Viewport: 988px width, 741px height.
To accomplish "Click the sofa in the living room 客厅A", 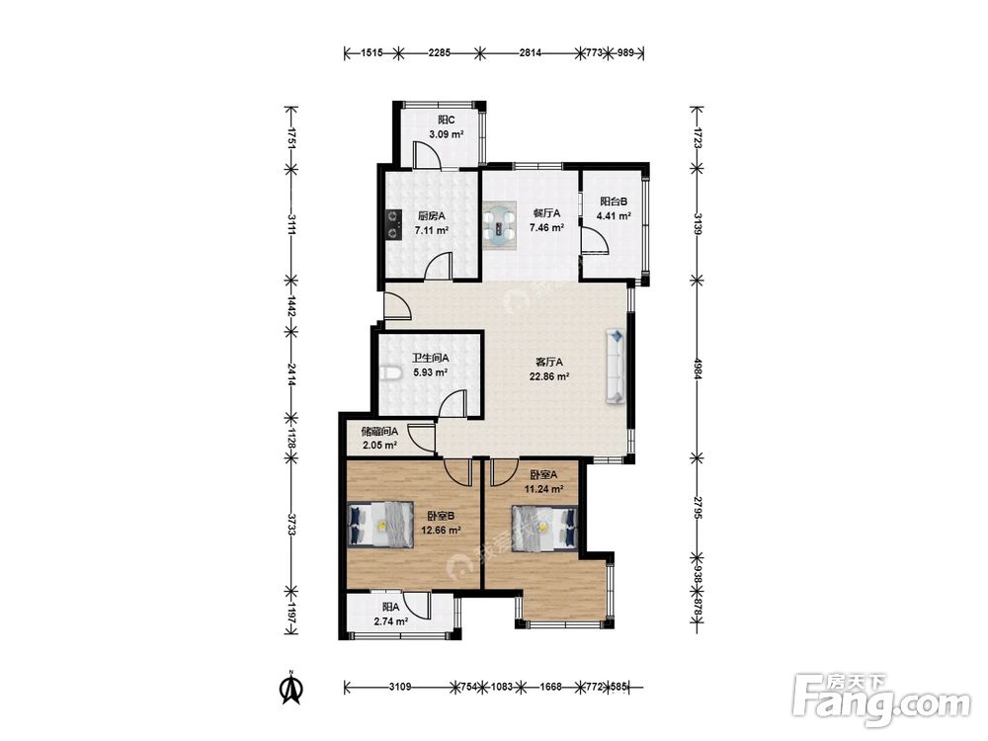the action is (615, 366).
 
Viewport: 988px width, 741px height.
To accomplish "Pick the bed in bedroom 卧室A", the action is (544, 528).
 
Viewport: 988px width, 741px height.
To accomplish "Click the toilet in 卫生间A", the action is (390, 373).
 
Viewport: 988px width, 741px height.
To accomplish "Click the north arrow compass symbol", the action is (290, 688).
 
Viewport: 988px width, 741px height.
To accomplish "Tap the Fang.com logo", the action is (881, 699).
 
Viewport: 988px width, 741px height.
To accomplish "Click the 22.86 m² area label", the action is (549, 376).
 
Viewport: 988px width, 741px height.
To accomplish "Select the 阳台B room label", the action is (614, 202).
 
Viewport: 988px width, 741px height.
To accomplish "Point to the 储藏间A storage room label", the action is (379, 432).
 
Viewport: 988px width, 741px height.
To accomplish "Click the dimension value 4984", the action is (697, 369).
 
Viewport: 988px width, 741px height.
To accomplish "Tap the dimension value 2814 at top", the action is (530, 53).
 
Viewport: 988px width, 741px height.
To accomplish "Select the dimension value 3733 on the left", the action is (291, 525).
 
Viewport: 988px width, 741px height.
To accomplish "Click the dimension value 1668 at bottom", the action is (550, 687).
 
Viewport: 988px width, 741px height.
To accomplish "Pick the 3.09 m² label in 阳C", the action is (447, 134).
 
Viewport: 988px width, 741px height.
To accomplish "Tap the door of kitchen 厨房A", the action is (439, 265).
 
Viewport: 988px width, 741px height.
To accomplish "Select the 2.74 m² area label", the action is (390, 621).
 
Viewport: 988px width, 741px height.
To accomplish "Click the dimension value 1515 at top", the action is (372, 53).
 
